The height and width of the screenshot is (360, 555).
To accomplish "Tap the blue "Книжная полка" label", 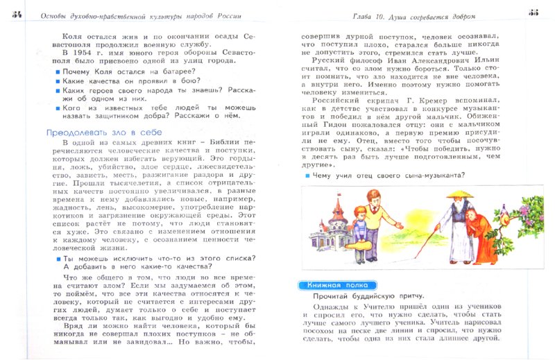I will click(x=337, y=285).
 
